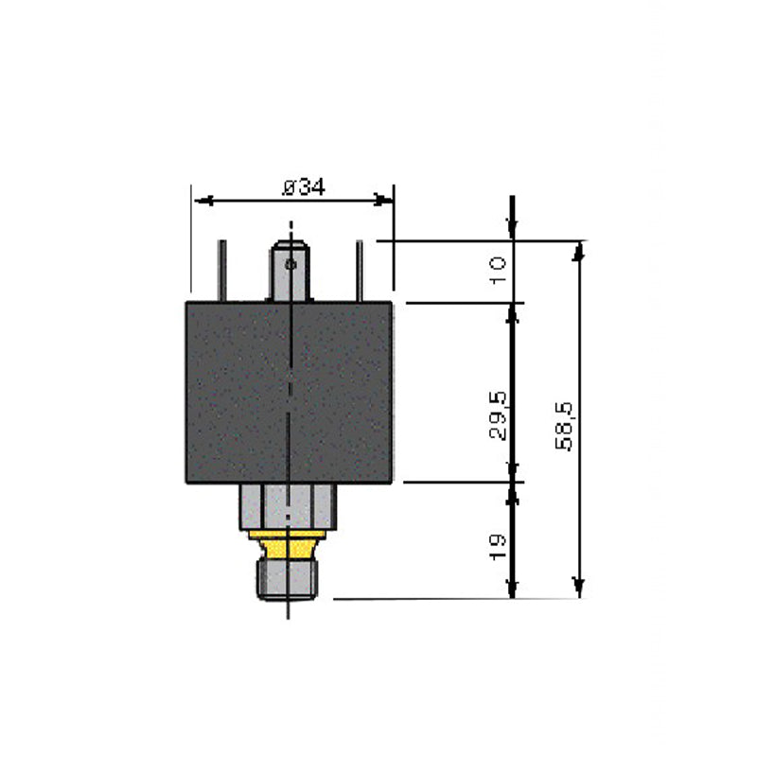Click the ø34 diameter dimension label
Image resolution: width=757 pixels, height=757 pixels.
pos(303,186)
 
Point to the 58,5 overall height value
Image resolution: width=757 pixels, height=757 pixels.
pos(566,426)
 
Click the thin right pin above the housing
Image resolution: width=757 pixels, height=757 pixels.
pos(360,272)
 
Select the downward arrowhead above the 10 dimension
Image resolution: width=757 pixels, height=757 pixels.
pos(512,233)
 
